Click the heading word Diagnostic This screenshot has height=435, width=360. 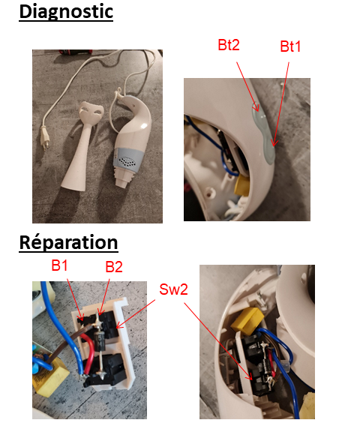point(66,12)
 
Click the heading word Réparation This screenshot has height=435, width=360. point(69,242)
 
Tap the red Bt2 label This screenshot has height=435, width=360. point(229,45)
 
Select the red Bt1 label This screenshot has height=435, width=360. point(290,46)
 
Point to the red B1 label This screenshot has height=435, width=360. point(60,265)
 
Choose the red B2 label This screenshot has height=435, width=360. point(114,267)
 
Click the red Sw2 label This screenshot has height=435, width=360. point(173,289)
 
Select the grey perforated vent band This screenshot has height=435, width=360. point(130,158)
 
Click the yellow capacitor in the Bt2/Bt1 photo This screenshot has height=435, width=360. point(241,184)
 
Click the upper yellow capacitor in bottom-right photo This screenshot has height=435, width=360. point(246,319)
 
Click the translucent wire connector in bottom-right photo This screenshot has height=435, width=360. point(285,367)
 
